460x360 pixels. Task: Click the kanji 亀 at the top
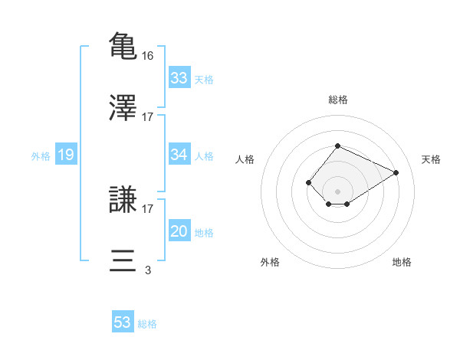(123, 45)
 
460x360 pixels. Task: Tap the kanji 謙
(123, 199)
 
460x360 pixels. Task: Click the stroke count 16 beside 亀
(149, 56)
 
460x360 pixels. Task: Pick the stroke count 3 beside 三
(148, 270)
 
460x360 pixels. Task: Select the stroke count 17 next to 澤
(148, 117)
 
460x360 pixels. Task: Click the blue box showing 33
(179, 78)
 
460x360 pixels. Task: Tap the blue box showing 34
(179, 155)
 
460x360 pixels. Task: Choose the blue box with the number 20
(179, 231)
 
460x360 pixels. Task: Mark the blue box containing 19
(65, 155)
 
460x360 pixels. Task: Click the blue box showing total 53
(123, 322)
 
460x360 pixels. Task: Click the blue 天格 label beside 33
(204, 79)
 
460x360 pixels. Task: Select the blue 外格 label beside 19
(41, 156)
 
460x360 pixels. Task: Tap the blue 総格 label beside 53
(147, 323)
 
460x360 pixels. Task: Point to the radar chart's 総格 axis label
(337, 100)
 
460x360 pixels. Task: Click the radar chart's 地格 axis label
(402, 262)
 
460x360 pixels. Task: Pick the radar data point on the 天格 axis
(396, 172)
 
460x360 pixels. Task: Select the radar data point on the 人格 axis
(308, 182)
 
